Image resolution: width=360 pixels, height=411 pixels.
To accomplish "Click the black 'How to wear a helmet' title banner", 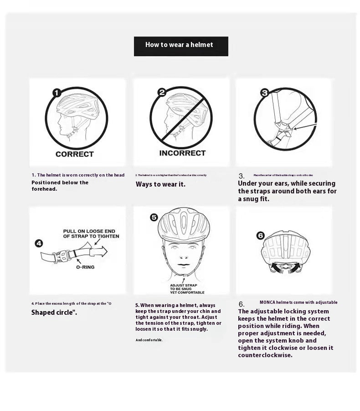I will click(x=181, y=46).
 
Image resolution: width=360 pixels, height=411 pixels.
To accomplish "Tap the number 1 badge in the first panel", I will click(x=57, y=93).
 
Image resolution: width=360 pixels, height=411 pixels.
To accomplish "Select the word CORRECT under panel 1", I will click(x=74, y=154).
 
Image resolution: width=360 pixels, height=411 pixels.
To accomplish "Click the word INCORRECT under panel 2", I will click(x=182, y=153).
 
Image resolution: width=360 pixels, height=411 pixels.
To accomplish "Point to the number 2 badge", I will click(x=161, y=93).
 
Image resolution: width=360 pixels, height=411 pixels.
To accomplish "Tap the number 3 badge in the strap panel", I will click(x=265, y=93).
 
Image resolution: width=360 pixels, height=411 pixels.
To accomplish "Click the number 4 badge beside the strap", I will click(x=39, y=243).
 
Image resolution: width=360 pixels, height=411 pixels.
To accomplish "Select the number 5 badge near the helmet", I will click(x=154, y=217).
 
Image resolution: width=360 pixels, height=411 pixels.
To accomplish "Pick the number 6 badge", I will click(x=260, y=235).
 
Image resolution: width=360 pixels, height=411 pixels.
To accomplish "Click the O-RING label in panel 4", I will click(x=85, y=267).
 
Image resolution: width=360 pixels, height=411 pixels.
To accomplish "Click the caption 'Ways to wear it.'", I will click(x=160, y=184).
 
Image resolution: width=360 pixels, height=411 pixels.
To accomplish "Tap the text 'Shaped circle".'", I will click(x=54, y=312).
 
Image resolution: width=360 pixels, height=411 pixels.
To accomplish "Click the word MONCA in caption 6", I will click(x=267, y=302).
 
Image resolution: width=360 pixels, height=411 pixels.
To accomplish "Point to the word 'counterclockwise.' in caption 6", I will click(x=265, y=355).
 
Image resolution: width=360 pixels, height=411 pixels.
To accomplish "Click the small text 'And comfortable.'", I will click(x=149, y=340).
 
